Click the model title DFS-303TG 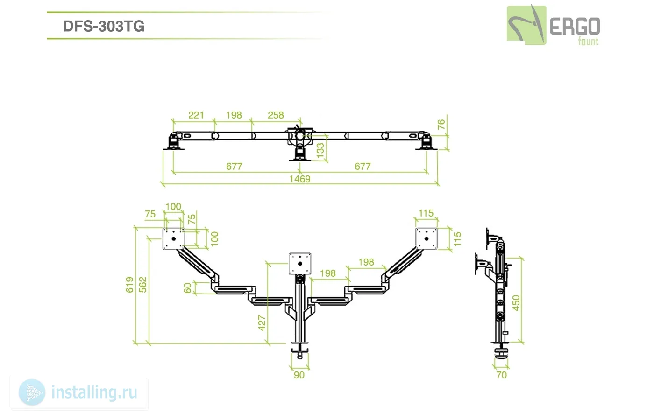click(x=103, y=26)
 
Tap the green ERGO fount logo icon click(x=526, y=25)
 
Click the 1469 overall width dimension click(x=299, y=179)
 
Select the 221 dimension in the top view click(x=196, y=115)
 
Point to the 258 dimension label click(x=276, y=115)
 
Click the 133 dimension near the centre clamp click(x=320, y=150)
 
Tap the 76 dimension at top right click(x=441, y=125)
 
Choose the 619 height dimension click(x=129, y=285)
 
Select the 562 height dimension click(x=142, y=285)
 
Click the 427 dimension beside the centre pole click(x=262, y=323)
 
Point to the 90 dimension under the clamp click(x=299, y=375)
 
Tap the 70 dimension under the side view click(x=501, y=375)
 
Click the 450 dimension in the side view click(x=516, y=302)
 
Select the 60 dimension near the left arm click(x=188, y=288)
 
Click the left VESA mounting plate click(x=173, y=238)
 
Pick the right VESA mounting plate click(x=426, y=238)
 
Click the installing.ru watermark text click(x=94, y=392)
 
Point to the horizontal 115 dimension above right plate click(x=426, y=213)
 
